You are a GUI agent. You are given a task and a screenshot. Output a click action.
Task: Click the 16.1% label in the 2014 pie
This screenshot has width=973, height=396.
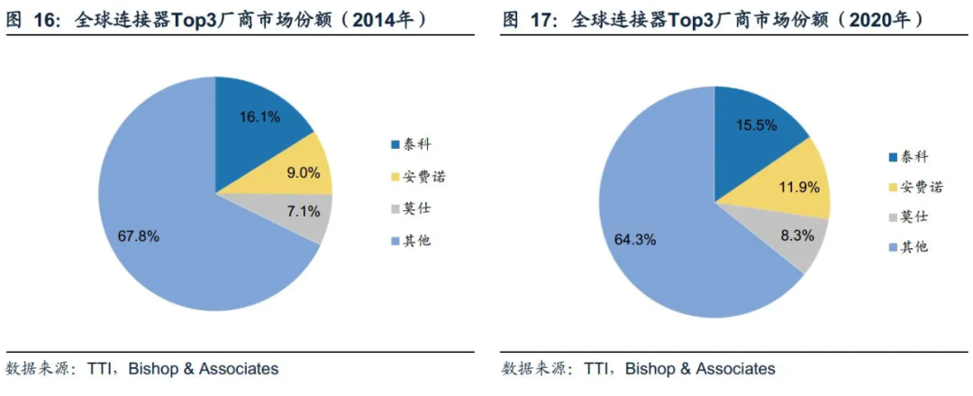tap(259, 116)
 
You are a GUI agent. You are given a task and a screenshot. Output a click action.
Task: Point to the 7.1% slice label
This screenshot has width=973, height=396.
tap(304, 212)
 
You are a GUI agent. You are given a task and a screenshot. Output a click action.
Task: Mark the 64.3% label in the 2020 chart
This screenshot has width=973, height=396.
tap(635, 240)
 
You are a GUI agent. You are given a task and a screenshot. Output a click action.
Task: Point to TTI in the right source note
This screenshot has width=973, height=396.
tap(600, 368)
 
